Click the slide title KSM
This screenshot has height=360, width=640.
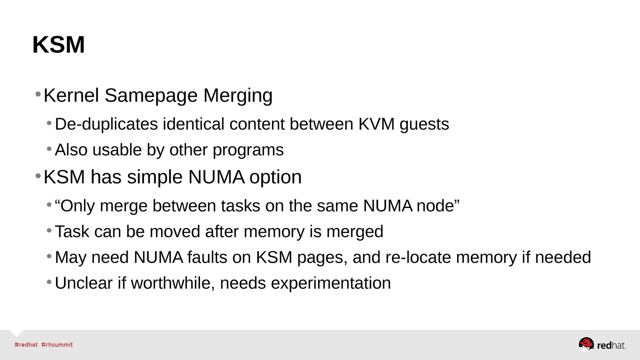coord(58,44)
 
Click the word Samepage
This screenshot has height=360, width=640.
coord(151,96)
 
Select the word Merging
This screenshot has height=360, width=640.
coord(238,96)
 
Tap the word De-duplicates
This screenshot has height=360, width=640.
coord(106,124)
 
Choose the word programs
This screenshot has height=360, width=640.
coord(248,150)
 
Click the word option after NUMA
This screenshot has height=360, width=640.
coord(275,177)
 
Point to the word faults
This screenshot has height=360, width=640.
coord(207,257)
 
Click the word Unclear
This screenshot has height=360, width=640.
coord(84,283)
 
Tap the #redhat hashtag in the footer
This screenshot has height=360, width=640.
coord(26,345)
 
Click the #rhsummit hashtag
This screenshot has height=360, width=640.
coord(57,345)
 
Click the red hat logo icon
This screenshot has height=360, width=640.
coord(586,344)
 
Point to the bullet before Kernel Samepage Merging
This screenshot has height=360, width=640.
coord(38,95)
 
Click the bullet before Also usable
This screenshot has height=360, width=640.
coord(49,149)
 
